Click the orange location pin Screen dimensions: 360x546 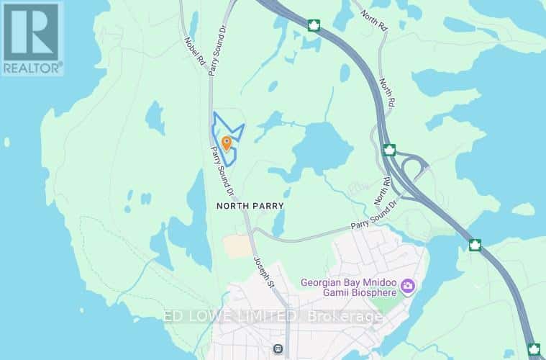(x=227, y=143)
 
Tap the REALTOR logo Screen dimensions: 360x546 (x=32, y=38)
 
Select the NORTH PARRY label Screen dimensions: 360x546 (x=250, y=205)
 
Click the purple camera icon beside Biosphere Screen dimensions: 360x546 (x=409, y=288)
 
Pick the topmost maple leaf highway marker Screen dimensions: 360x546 (x=313, y=27)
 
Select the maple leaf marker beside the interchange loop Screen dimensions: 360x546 (x=389, y=150)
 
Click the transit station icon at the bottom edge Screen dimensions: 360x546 (x=277, y=349)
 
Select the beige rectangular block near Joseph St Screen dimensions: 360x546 (x=237, y=246)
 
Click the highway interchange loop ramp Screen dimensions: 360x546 (x=411, y=168)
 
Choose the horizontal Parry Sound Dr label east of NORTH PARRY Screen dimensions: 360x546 (x=374, y=219)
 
